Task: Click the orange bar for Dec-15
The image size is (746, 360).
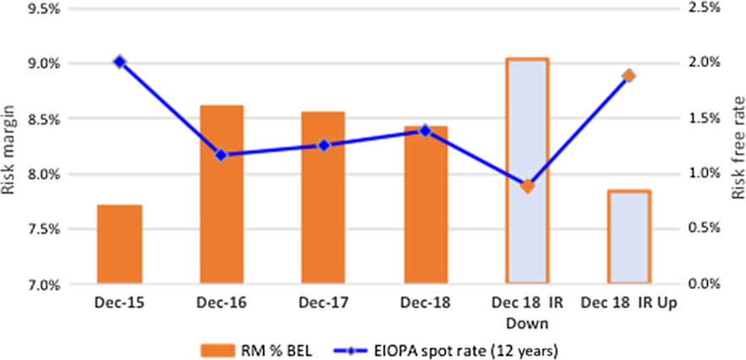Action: point(119,244)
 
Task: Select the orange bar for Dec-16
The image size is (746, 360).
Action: point(221,194)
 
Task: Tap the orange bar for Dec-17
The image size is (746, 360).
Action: point(323,198)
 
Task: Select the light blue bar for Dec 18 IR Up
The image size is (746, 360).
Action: point(629,237)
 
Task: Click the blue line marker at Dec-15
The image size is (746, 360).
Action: point(119,62)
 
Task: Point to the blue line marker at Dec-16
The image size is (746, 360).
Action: point(221,155)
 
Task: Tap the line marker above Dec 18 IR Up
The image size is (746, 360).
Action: point(629,76)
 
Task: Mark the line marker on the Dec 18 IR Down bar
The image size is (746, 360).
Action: point(527,186)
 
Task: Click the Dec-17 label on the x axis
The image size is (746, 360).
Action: point(323,303)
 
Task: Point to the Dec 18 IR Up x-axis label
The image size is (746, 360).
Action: point(629,303)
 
